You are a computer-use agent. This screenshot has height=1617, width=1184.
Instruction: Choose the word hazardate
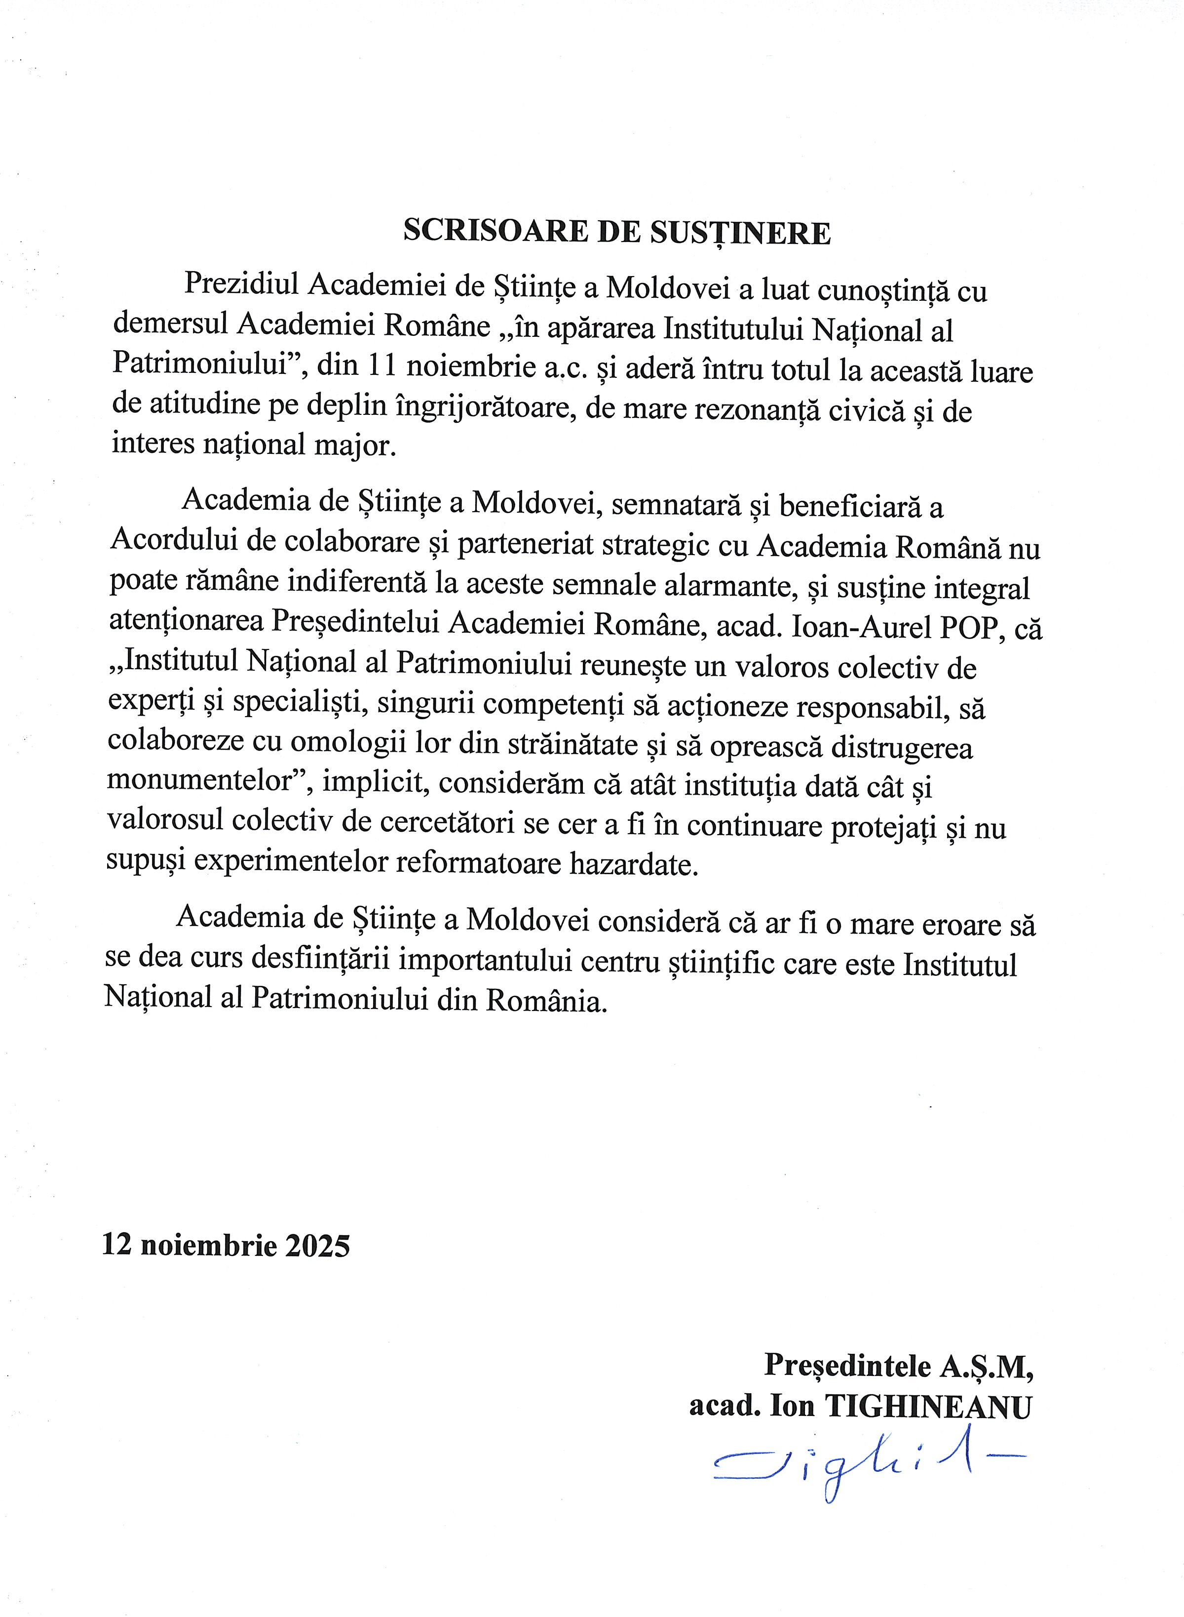click(x=633, y=865)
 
